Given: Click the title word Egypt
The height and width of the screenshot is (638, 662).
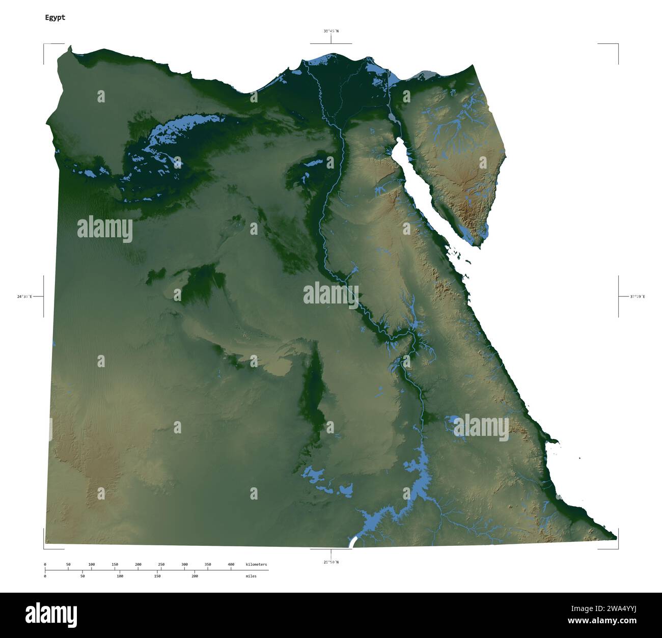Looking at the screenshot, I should tap(55, 17).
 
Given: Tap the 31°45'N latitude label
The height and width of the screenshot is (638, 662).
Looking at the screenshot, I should tap(331, 31).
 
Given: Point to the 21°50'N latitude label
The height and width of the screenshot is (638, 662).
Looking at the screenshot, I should tap(330, 562).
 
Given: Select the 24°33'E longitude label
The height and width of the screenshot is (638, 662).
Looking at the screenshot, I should tap(24, 296).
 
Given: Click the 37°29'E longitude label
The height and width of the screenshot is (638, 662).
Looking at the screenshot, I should tap(638, 296).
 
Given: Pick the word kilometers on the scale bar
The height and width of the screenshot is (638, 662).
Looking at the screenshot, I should tap(256, 564).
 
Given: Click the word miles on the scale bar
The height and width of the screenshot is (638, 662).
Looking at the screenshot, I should tap(251, 576).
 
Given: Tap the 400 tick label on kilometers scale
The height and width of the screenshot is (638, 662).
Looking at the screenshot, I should tap(231, 564).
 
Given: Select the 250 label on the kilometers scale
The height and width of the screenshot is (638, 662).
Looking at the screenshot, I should tap(161, 564).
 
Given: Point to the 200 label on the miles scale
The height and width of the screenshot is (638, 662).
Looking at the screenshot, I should tap(195, 576).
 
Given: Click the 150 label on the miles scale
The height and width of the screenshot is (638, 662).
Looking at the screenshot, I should tap(157, 576).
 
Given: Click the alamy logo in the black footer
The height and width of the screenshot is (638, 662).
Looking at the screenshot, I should tap(51, 615).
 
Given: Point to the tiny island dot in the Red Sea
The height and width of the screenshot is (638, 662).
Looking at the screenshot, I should tap(580, 459).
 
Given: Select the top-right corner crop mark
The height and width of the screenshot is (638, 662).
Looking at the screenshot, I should tap(618, 44).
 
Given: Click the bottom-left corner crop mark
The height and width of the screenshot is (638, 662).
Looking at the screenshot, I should tap(44, 548).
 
